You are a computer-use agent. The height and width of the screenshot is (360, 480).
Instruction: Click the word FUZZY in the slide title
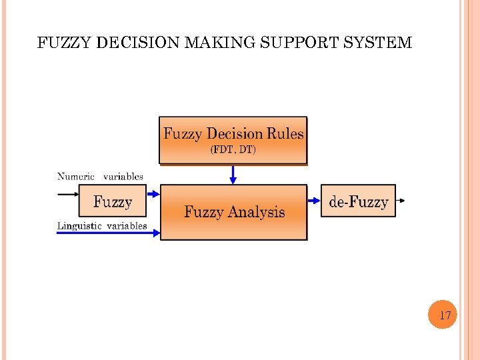[x=65, y=43]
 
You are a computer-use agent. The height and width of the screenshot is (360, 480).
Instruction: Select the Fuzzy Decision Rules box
[x=233, y=140]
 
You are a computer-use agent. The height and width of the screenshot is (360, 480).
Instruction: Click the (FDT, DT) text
[x=233, y=150]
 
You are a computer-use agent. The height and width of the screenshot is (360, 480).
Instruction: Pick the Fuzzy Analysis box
[x=234, y=212]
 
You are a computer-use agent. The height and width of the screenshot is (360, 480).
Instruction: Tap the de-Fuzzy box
[x=359, y=201]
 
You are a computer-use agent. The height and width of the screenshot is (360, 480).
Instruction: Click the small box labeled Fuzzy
[x=113, y=201]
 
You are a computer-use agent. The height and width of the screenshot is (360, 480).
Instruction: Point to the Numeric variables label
[x=100, y=177]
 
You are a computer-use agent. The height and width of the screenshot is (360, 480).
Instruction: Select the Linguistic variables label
[x=102, y=226]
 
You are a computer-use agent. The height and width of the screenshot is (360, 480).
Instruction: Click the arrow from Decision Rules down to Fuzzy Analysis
[x=233, y=175]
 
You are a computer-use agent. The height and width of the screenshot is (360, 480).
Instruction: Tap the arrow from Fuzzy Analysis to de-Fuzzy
[x=314, y=199]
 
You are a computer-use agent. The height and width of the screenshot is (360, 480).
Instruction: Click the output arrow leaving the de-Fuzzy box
[x=400, y=200]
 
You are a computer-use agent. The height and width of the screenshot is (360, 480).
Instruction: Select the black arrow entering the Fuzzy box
[x=68, y=194]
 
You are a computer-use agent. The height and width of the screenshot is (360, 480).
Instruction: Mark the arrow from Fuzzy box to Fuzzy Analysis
[x=153, y=194]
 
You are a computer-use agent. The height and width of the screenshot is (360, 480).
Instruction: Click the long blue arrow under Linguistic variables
[x=107, y=233]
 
